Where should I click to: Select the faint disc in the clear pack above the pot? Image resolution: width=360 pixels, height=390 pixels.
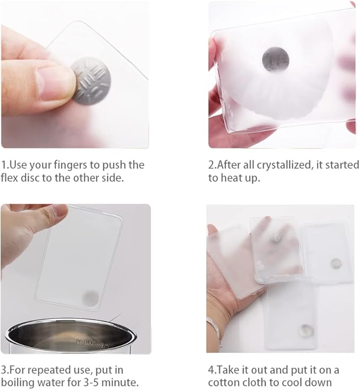coord(91,298)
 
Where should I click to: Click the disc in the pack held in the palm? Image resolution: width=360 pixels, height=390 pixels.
coord(275,237)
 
